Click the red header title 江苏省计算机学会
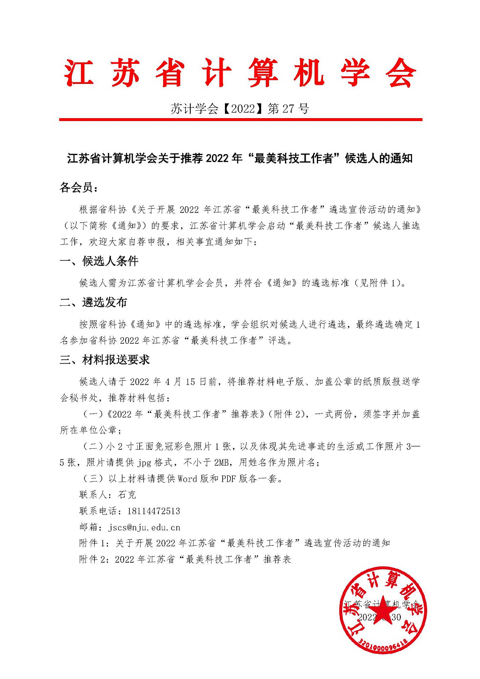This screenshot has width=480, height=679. click(x=240, y=74)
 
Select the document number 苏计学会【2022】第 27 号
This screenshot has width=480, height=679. click(x=240, y=109)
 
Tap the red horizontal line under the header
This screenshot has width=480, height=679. click(x=240, y=120)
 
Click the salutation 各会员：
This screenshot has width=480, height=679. click(x=79, y=188)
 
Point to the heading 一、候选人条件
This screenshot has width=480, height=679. click(x=99, y=261)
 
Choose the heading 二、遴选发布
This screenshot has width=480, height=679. click(x=93, y=302)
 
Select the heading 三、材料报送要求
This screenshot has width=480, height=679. click(x=105, y=360)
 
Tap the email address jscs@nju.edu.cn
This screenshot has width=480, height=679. click(x=144, y=527)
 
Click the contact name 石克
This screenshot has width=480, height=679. click(x=127, y=495)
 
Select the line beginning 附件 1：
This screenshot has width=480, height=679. click(x=234, y=543)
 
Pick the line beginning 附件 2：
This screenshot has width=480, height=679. click(x=185, y=559)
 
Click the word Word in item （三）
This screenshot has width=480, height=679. click(x=187, y=479)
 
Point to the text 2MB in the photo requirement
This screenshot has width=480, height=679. click(x=221, y=462)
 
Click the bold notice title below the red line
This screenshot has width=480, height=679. click(x=240, y=158)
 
